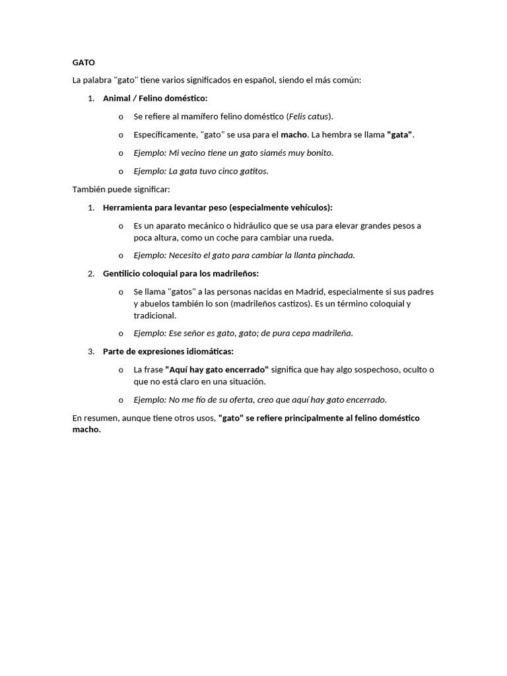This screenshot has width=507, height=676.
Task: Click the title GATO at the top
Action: pos(83,63)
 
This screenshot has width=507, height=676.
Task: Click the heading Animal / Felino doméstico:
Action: pos(155,98)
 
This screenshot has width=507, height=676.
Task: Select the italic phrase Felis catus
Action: pos(310,116)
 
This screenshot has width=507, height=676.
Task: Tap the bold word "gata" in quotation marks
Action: pos(399,135)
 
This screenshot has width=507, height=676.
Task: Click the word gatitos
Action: pos(253,171)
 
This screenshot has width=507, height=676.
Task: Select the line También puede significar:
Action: pos(121,189)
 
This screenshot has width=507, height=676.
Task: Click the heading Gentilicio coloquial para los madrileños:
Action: pos(181,273)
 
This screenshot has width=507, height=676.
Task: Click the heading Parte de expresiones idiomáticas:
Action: pos(168,351)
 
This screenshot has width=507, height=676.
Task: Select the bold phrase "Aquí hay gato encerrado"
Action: pos(217,370)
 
